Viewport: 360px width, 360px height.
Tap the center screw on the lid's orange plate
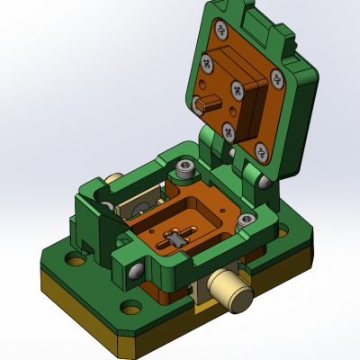tap(238, 89)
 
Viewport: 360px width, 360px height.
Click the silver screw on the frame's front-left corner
tap(136, 269)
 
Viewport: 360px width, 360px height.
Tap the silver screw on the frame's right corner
tap(263, 183)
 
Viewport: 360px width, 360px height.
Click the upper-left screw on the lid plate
tap(208, 64)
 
